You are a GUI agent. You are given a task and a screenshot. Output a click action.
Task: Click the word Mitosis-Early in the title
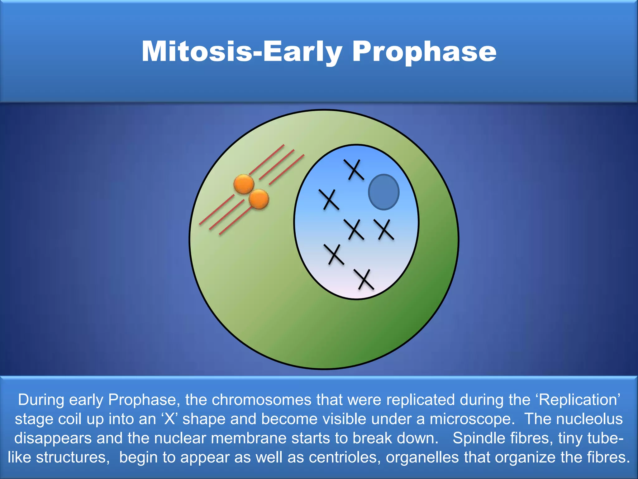[x=241, y=51]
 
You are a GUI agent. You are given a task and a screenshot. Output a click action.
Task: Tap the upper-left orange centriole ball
[x=244, y=184]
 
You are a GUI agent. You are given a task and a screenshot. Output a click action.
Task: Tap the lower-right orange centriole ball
[x=259, y=199]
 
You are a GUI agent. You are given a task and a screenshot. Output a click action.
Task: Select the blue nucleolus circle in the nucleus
[x=384, y=192]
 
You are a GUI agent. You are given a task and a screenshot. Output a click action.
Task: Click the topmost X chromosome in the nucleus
[x=354, y=170]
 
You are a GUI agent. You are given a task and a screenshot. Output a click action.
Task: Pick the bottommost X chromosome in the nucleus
[x=364, y=279]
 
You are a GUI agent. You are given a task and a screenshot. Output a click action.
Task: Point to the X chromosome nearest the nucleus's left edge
[x=329, y=200]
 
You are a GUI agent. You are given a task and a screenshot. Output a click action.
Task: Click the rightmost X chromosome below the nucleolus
[x=384, y=230]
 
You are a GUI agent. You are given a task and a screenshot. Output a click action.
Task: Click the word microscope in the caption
[x=472, y=419]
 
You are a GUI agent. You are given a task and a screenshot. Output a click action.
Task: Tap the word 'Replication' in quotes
[x=579, y=400]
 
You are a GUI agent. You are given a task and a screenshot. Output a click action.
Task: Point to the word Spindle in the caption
[x=477, y=438]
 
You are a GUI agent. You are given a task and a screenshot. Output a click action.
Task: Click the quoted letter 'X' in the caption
[x=170, y=419]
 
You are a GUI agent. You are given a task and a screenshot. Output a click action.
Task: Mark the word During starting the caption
[x=41, y=400]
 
